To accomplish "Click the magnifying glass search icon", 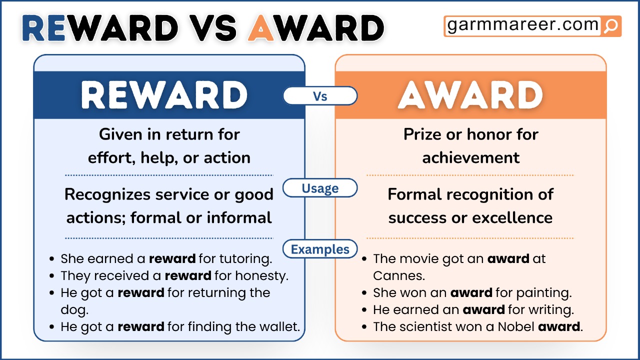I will coord(610,26).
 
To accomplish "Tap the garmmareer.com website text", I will coord(522,25).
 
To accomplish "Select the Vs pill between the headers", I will coord(320,96).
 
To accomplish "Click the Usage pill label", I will coord(320,188).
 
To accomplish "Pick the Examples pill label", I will coord(320,249).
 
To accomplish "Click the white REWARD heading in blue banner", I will coord(164,95).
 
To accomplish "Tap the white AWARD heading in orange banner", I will coord(470,95).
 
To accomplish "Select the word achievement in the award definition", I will coord(470,158).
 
